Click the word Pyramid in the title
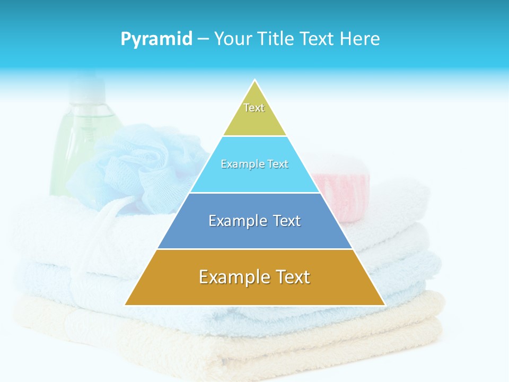coord(156,39)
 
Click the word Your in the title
coord(233,39)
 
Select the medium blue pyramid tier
coord(254,233)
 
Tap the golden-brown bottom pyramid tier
coord(254,292)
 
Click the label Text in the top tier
coord(254,108)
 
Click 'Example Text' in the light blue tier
coord(254,164)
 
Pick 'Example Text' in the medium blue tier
coord(254,220)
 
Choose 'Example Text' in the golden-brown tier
coord(254,277)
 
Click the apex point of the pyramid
coord(255,81)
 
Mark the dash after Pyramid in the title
coord(203,39)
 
